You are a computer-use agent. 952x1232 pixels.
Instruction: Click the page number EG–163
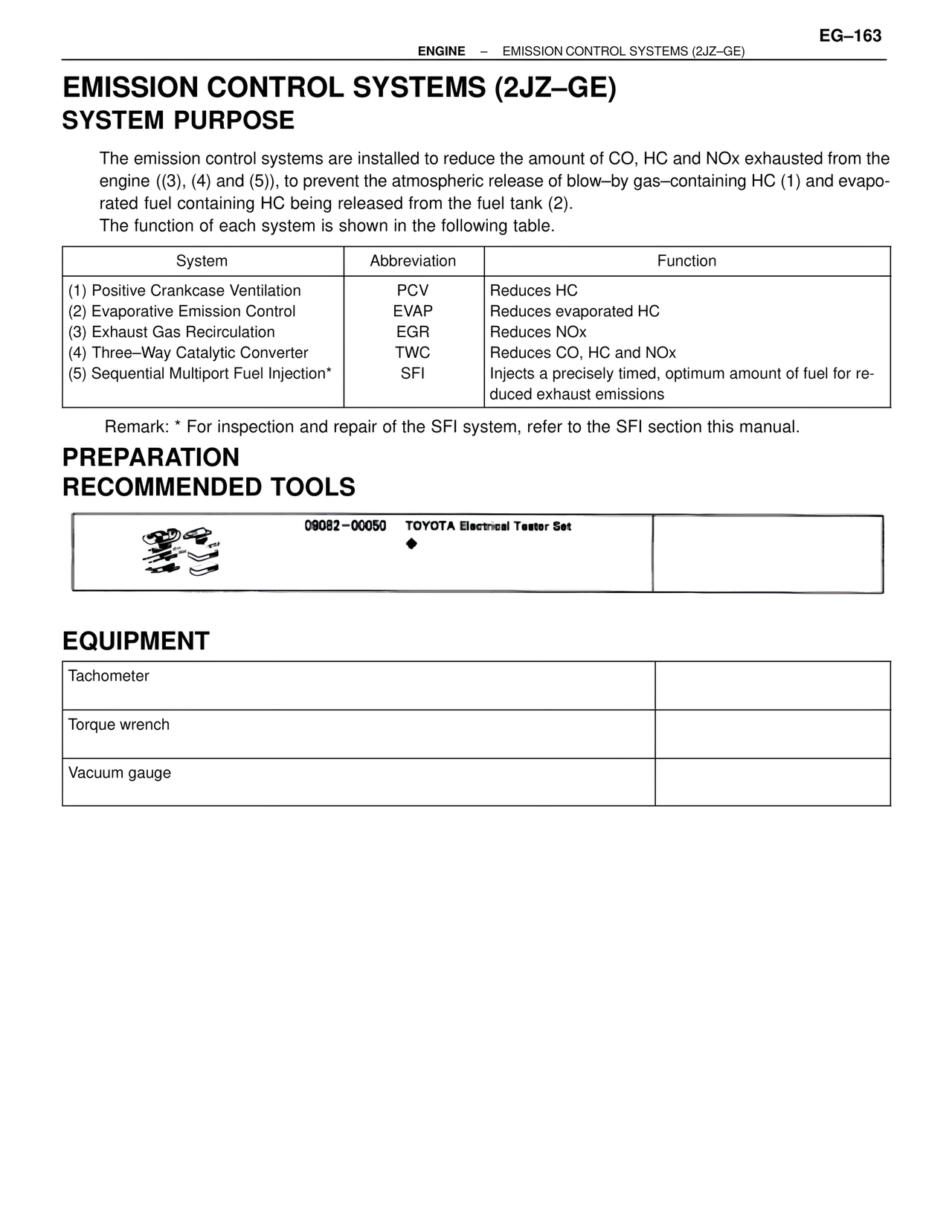point(850,36)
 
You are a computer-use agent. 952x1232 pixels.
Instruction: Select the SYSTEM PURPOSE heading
point(178,121)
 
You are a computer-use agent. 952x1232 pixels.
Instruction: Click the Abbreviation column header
point(413,261)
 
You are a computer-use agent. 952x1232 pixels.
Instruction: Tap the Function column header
point(686,261)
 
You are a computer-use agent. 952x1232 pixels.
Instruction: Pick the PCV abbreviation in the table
point(413,291)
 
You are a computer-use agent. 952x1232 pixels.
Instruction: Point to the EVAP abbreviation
point(413,312)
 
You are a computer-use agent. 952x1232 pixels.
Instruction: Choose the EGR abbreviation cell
point(413,333)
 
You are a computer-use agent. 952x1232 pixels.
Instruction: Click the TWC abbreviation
point(413,353)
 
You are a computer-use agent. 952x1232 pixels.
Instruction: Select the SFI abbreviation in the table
point(413,374)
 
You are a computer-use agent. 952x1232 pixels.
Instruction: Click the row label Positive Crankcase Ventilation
point(196,291)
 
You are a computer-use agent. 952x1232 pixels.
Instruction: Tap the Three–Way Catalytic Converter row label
point(199,353)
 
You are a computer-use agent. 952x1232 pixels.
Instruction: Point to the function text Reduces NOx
point(538,333)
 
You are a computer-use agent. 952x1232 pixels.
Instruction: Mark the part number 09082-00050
point(345,526)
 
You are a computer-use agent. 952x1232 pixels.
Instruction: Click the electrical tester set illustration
point(182,553)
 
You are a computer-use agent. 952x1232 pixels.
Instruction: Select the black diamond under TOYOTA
point(411,545)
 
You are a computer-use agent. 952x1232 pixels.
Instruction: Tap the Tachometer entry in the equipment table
point(109,676)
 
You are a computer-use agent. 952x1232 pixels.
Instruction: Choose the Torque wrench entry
point(119,725)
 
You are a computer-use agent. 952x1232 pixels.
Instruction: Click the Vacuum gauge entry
point(120,773)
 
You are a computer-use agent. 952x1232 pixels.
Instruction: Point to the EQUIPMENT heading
point(136,641)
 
